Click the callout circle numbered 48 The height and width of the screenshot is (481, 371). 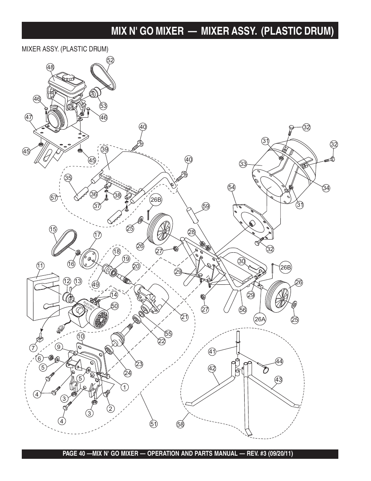pyautogui.click(x=51, y=67)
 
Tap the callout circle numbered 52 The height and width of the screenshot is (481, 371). pyautogui.click(x=110, y=60)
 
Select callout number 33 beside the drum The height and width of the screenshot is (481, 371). pyautogui.click(x=243, y=164)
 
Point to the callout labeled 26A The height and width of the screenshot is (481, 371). pyautogui.click(x=260, y=319)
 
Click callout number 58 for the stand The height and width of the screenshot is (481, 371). pyautogui.click(x=180, y=424)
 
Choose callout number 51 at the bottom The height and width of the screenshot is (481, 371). pyautogui.click(x=154, y=424)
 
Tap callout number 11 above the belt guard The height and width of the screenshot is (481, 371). pyautogui.click(x=40, y=266)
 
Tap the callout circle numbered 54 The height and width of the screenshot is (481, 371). pyautogui.click(x=231, y=187)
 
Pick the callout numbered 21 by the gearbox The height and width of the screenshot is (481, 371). pyautogui.click(x=184, y=317)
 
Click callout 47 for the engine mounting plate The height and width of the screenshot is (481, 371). pyautogui.click(x=29, y=117)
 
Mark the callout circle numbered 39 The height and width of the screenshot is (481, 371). pyautogui.click(x=105, y=150)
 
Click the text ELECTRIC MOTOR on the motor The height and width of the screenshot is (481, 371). pyautogui.click(x=89, y=306)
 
